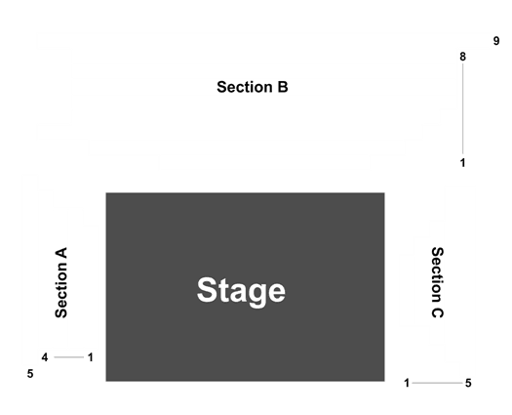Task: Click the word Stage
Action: (x=241, y=291)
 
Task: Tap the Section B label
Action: (x=253, y=87)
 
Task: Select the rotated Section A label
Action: (x=61, y=282)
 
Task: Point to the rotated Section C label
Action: (x=438, y=282)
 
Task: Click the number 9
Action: (x=496, y=41)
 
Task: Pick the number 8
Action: (x=462, y=57)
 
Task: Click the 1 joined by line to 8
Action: (x=462, y=163)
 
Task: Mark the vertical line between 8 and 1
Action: (x=462, y=109)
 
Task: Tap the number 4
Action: (x=45, y=357)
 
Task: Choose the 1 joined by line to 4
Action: (x=91, y=357)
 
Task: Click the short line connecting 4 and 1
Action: (x=69, y=357)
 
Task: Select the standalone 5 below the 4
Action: (x=30, y=374)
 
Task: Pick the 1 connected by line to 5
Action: (x=407, y=383)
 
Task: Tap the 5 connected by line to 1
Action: (x=468, y=383)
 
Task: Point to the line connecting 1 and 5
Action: (x=437, y=383)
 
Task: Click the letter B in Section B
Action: (x=283, y=87)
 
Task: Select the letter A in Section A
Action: (x=61, y=253)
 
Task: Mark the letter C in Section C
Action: (x=438, y=312)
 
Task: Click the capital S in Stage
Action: (x=206, y=290)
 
